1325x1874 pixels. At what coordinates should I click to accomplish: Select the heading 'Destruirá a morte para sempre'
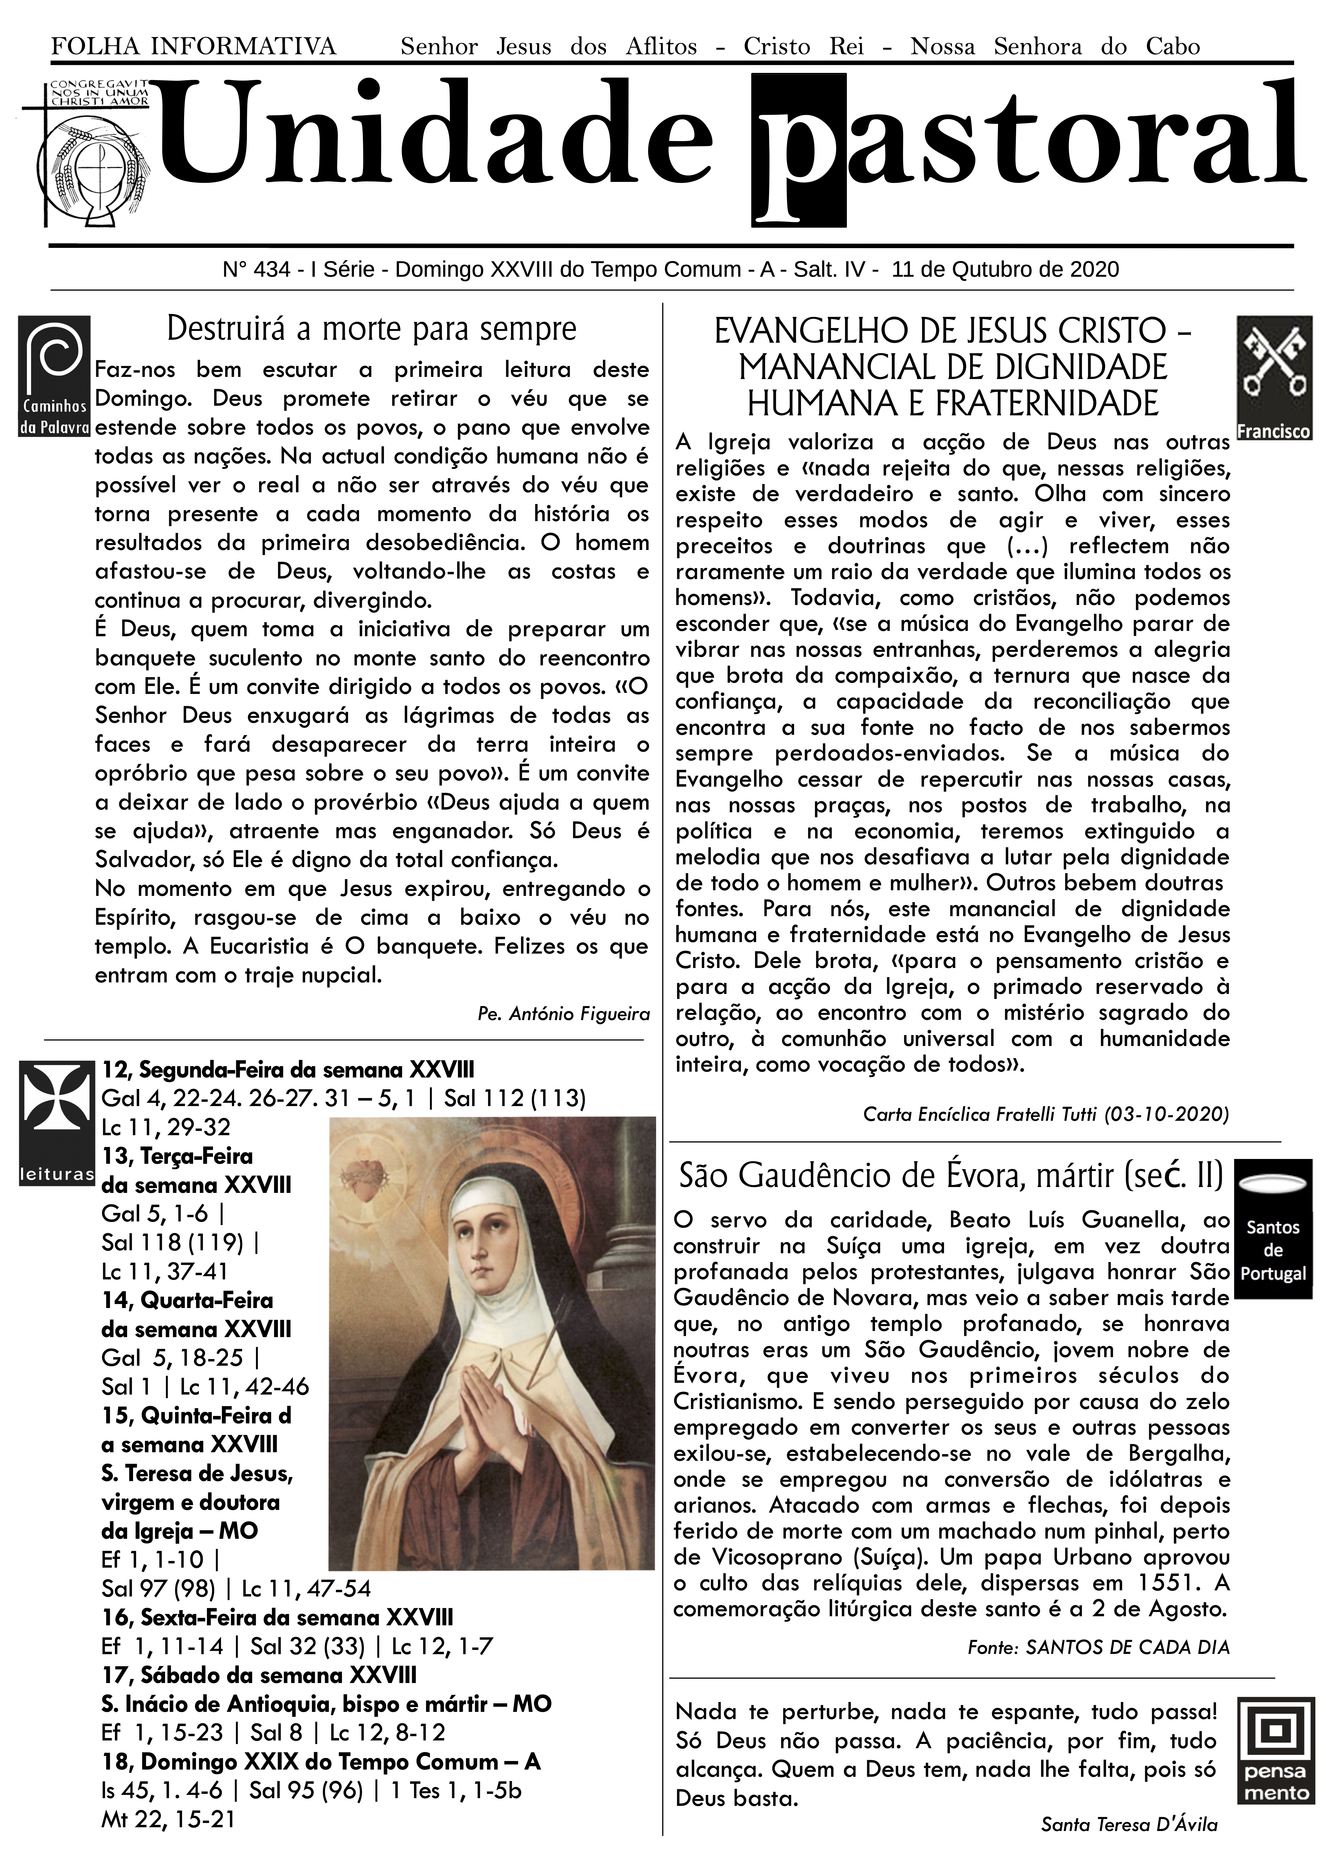click(x=371, y=329)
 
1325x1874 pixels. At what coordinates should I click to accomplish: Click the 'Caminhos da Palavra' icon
click(x=54, y=376)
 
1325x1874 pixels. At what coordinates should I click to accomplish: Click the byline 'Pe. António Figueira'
click(x=563, y=1014)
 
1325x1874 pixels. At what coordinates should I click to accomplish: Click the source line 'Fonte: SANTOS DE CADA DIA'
click(x=1098, y=1647)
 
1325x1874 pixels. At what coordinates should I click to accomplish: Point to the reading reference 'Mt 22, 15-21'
click(x=167, y=1819)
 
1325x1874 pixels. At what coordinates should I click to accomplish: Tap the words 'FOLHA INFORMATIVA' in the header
click(x=193, y=46)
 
